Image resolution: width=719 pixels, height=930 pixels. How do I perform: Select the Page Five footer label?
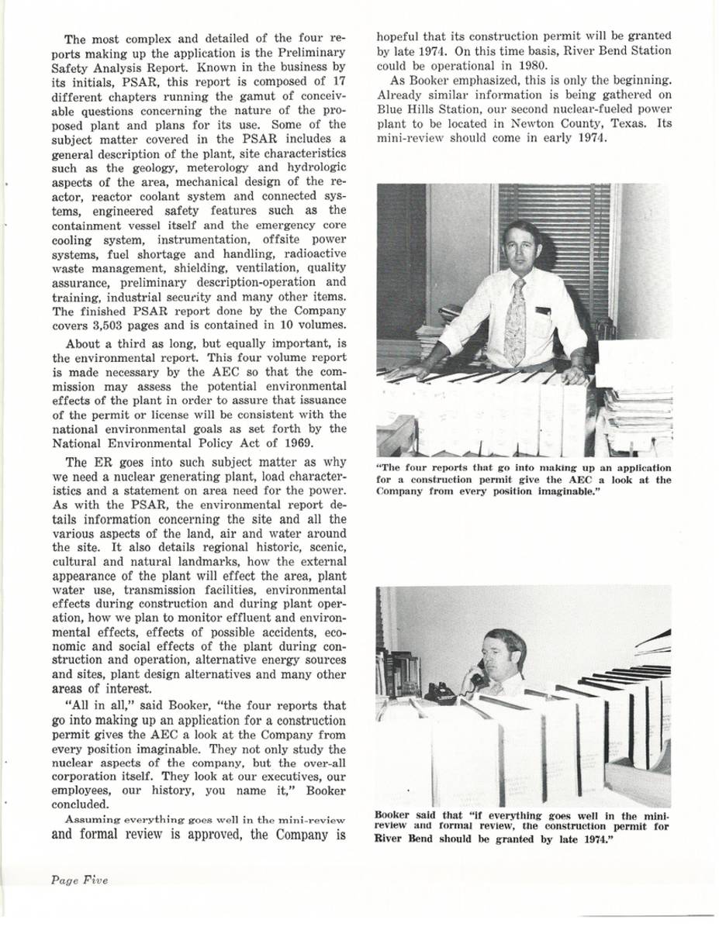pyautogui.click(x=80, y=879)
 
